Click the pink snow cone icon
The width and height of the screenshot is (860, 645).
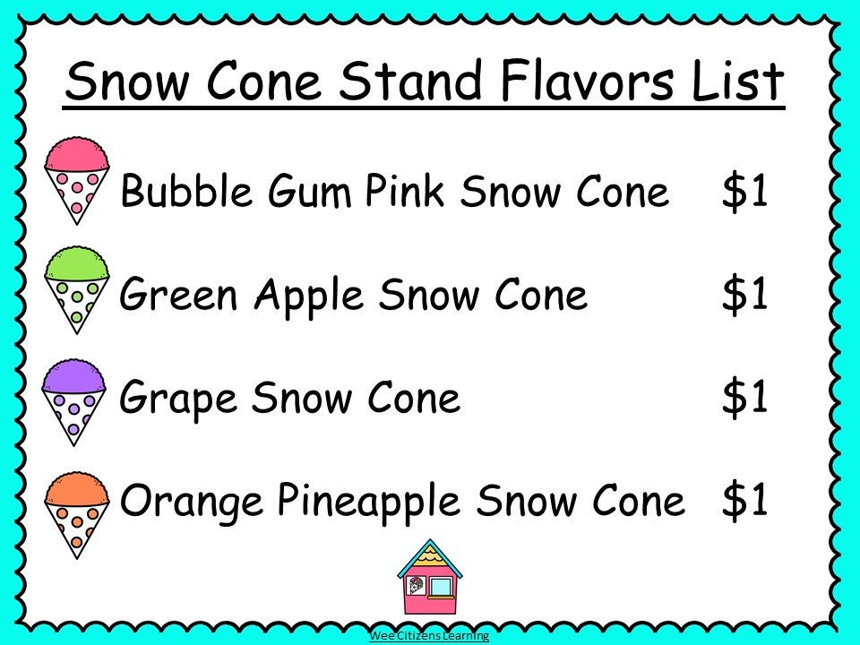pos(77,179)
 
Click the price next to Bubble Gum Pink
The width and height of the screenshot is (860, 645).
pos(745,192)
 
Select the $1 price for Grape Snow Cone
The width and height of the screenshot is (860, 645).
pos(745,397)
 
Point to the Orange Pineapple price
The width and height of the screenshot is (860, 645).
pos(745,501)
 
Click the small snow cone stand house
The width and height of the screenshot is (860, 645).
pos(429,581)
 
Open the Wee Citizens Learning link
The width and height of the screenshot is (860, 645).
pos(429,636)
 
